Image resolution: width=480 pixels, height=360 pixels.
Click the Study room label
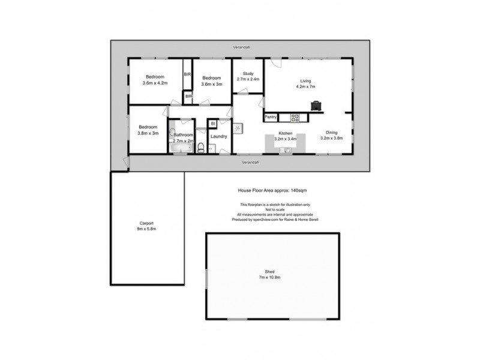click(248, 74)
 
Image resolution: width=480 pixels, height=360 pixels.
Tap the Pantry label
click(270, 117)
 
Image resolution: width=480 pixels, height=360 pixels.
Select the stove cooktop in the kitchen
click(295, 117)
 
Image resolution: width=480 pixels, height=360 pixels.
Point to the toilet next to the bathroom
click(201, 147)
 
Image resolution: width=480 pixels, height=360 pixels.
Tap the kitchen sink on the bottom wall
click(285, 149)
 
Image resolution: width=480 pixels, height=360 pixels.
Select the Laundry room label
click(219, 136)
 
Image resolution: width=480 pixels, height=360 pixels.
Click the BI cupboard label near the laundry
click(213, 124)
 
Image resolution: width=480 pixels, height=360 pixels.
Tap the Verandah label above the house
click(242, 47)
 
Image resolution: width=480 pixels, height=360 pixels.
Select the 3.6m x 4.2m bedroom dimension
click(155, 83)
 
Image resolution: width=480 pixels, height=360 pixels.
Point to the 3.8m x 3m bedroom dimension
click(148, 133)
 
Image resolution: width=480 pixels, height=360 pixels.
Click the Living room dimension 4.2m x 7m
click(305, 86)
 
